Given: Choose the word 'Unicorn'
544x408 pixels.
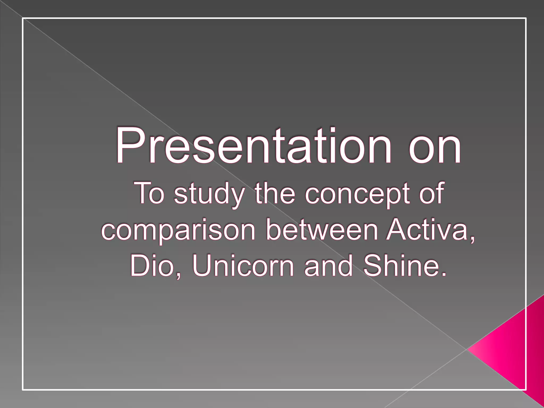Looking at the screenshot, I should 243,265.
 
